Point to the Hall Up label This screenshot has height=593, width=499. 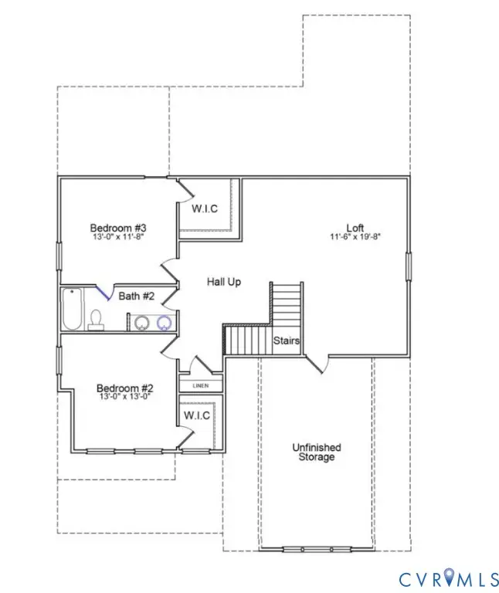pyautogui.click(x=223, y=282)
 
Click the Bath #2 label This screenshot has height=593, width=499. pyautogui.click(x=135, y=296)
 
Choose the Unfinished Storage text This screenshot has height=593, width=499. pyautogui.click(x=316, y=452)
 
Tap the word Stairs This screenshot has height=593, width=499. pyautogui.click(x=286, y=340)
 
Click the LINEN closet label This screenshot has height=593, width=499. pyautogui.click(x=201, y=385)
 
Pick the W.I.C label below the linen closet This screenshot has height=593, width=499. pyautogui.click(x=197, y=415)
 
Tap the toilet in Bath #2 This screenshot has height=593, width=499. pyautogui.click(x=97, y=320)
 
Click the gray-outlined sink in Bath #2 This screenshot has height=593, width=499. pyautogui.click(x=140, y=323)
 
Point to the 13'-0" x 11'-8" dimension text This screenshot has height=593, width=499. pyautogui.click(x=118, y=237)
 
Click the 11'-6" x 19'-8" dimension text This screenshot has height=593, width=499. pyautogui.click(x=355, y=237)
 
